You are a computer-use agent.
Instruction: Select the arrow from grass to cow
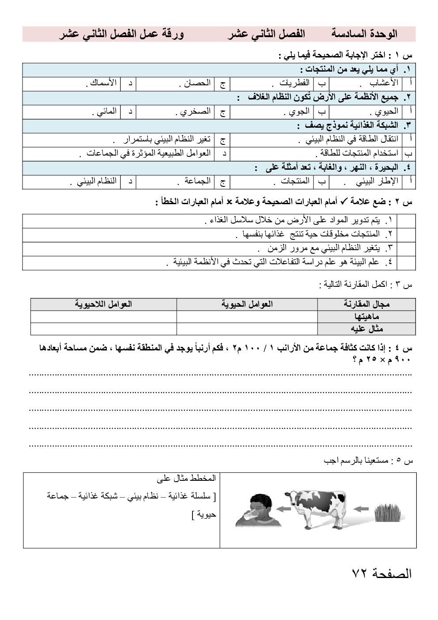point(361,509)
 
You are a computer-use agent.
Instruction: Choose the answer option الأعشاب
point(384,83)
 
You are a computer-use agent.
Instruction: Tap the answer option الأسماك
point(103,83)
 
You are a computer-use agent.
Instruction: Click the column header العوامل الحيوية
point(247,304)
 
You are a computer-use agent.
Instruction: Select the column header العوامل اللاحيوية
point(103,304)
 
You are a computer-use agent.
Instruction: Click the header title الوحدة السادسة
point(364,34)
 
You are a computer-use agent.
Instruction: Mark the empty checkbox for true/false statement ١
point(407,221)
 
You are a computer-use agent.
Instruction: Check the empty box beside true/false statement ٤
point(407,262)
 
